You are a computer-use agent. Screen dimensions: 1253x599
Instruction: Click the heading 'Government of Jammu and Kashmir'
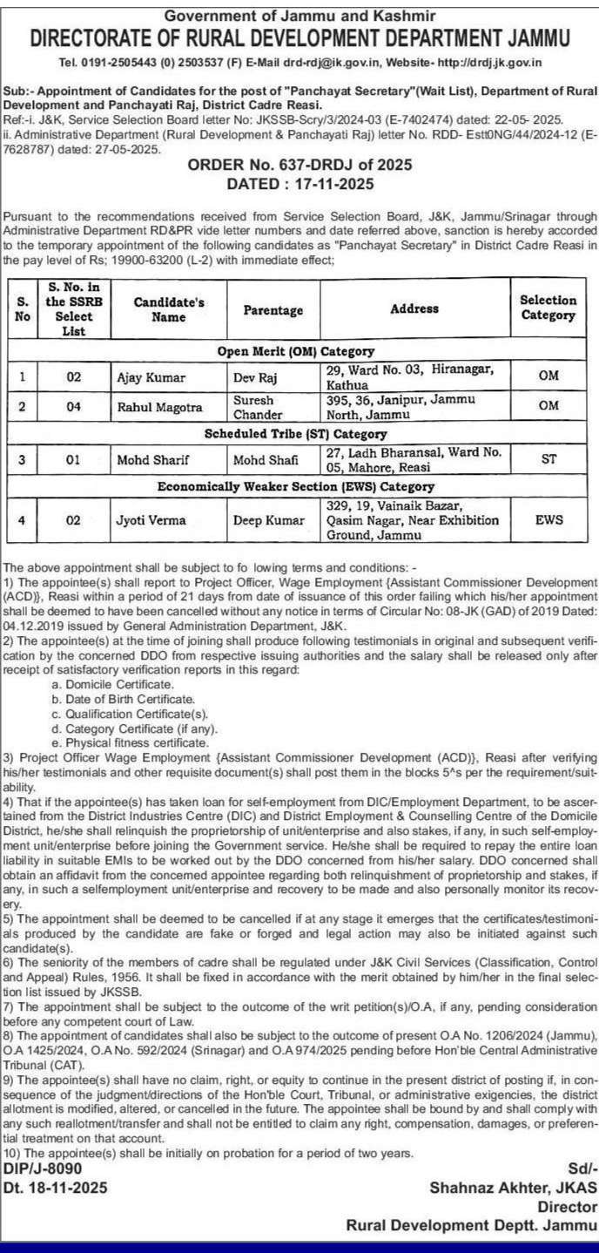[x=299, y=15]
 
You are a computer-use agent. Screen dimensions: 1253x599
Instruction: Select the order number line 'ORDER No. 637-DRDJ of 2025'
[x=299, y=166]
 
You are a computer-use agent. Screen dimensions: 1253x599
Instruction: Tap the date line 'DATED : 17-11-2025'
[x=299, y=184]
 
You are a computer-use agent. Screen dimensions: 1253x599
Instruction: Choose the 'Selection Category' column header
[x=549, y=307]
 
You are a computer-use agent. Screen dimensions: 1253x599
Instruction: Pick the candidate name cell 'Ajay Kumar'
[x=146, y=378]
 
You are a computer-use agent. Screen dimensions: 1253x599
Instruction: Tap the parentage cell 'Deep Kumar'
[x=266, y=520]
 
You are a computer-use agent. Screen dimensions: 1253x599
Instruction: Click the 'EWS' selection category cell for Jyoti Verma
[x=549, y=520]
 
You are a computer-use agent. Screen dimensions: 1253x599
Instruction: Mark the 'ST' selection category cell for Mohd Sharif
[x=549, y=458]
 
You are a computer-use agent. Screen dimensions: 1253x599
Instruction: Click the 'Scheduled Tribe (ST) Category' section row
[x=295, y=433]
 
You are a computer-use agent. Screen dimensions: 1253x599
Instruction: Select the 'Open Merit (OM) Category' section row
[x=295, y=352]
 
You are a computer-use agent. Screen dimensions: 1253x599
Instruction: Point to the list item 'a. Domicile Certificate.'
[x=112, y=686]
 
